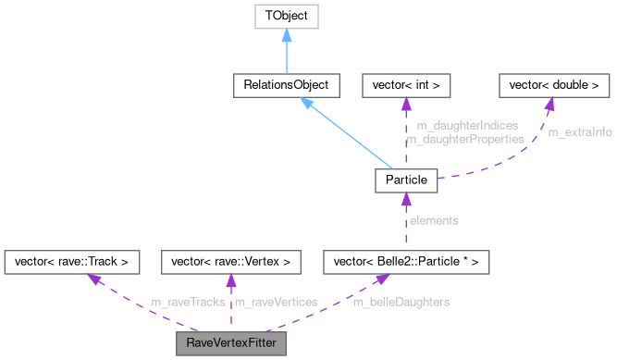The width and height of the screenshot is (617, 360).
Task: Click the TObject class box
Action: tap(287, 16)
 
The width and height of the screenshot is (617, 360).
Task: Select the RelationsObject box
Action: tap(287, 86)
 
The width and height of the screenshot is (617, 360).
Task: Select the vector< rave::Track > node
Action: tap(72, 263)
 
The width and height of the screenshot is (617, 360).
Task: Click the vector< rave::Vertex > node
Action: tap(231, 263)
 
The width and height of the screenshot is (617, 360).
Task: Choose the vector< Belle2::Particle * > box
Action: tap(406, 263)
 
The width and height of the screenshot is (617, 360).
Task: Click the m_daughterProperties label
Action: tap(465, 138)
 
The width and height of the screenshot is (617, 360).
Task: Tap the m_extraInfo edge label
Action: tap(580, 132)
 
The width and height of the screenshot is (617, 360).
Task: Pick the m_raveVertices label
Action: tap(276, 303)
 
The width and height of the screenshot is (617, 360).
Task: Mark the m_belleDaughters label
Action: tap(401, 303)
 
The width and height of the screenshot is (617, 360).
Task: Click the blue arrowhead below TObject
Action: tap(287, 36)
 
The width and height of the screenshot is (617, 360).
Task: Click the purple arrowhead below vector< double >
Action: tap(549, 106)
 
